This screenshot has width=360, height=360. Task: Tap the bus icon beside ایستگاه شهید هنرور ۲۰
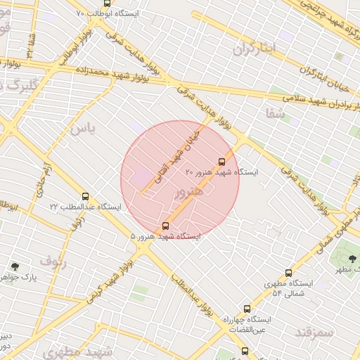[x=222, y=162]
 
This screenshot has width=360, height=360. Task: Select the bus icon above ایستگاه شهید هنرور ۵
[x=165, y=226]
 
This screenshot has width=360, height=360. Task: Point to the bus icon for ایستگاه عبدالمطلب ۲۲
[x=85, y=197]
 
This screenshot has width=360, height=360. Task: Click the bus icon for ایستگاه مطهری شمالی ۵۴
[x=288, y=273]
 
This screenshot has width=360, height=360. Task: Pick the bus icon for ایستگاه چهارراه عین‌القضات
[x=247, y=309]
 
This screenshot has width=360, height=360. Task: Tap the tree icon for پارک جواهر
[x=15, y=266]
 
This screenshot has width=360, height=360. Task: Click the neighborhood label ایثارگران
[x=257, y=48]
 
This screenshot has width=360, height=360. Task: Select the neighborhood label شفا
[x=276, y=112]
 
